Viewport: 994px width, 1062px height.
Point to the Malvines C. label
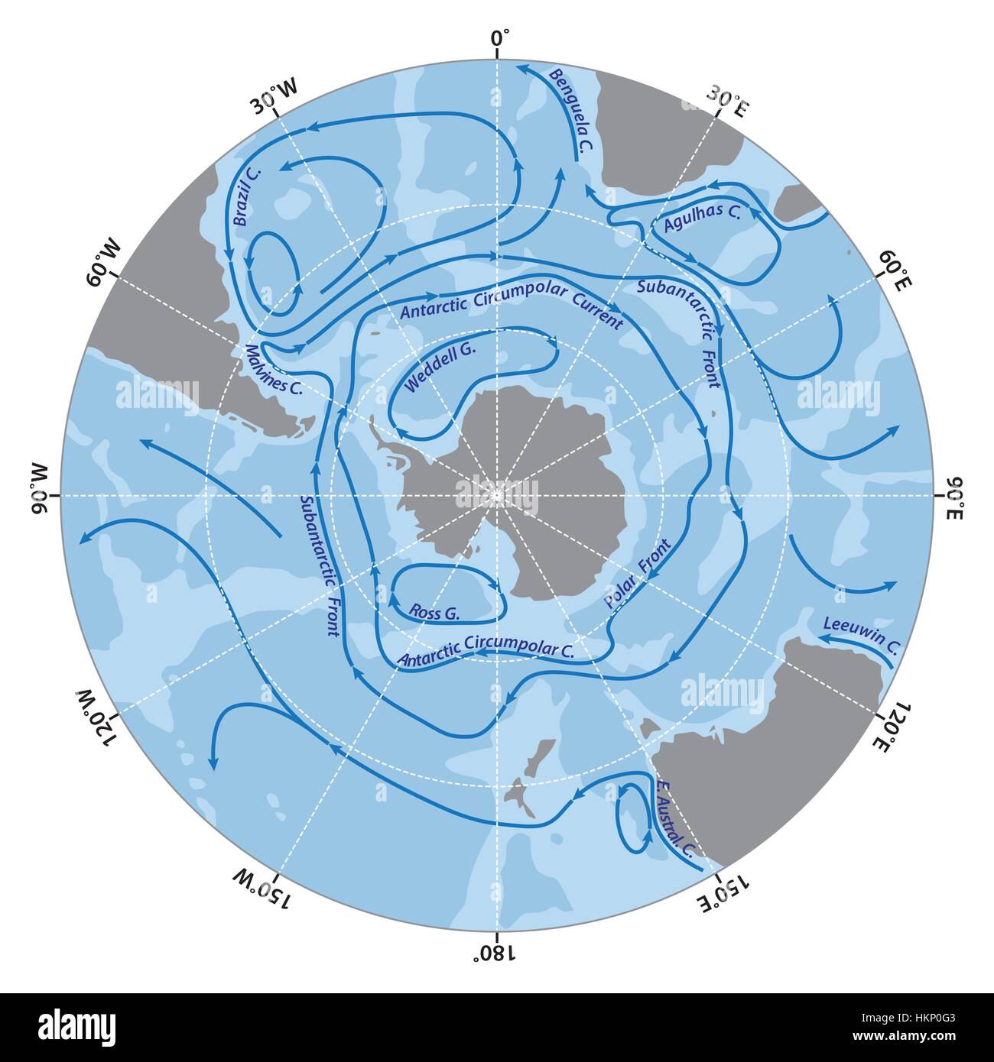[x=273, y=371]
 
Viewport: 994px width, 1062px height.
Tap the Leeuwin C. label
[x=859, y=635]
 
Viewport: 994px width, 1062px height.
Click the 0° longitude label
[x=499, y=37]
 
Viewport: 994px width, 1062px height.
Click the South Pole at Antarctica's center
[x=498, y=495]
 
